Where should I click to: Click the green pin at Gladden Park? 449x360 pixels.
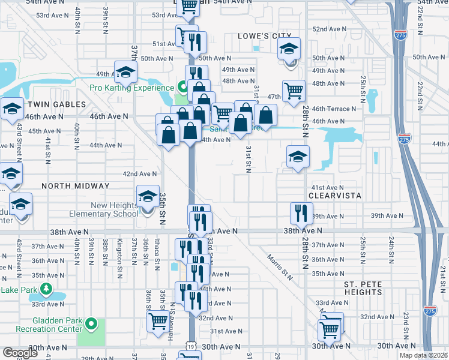tap(91, 325)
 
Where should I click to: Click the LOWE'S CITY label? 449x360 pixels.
tap(264, 36)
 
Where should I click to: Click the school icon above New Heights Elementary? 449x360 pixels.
tap(148, 196)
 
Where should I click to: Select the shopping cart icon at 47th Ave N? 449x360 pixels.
tap(294, 91)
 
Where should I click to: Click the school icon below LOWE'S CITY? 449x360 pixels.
tap(289, 49)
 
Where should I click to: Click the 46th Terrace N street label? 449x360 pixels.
tap(334, 109)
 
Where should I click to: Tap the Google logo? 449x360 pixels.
tap(20, 353)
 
